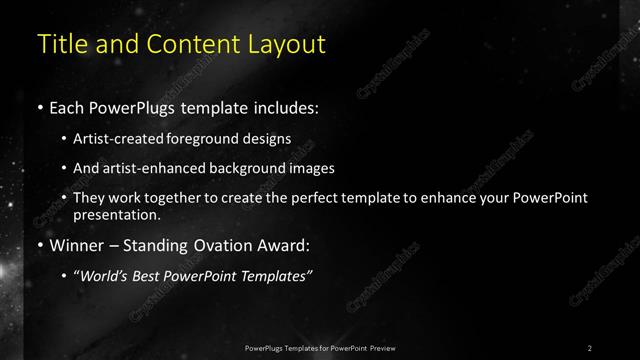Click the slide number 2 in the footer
[590, 347]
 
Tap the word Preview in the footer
[379, 347]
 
